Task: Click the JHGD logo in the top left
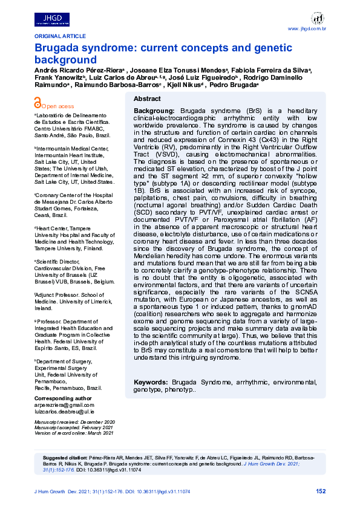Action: tap(53, 19)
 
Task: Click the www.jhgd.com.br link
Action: tap(307, 29)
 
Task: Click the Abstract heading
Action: tap(147, 99)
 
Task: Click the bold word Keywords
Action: tap(150, 382)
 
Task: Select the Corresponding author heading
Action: tap(63, 399)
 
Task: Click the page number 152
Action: tap(321, 491)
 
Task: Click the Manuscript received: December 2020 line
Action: tap(74, 421)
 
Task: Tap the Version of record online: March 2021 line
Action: tap(74, 433)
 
